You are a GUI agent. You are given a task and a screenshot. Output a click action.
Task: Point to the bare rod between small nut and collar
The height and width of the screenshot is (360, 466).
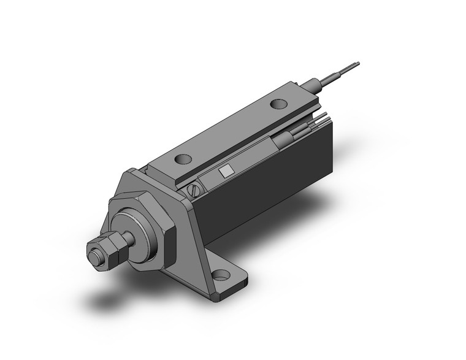click(x=128, y=237)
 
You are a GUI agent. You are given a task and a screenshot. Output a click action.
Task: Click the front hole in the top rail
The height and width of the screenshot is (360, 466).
click(x=183, y=159)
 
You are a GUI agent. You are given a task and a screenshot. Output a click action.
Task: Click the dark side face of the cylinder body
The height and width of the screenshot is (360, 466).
click(x=270, y=184)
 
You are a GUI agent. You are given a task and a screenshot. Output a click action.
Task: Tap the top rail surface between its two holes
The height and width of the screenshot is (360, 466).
click(x=230, y=132)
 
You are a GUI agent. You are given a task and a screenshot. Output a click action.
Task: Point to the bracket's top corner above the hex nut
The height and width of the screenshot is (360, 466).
click(x=132, y=174)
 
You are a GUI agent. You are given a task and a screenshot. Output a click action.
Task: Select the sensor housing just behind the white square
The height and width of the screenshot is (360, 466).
click(x=245, y=161)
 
